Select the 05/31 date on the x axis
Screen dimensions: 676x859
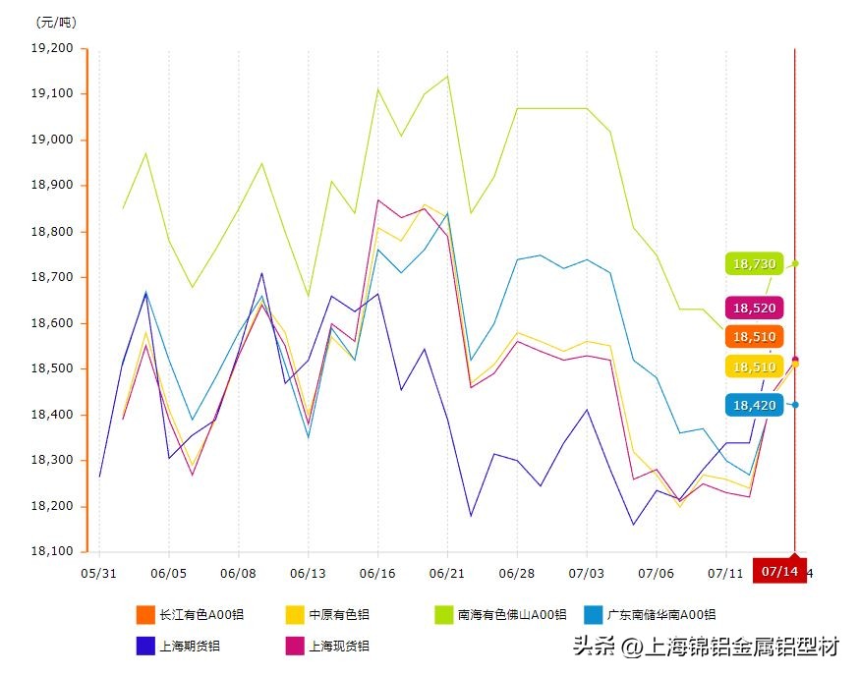98,572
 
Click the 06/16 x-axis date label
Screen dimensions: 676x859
377,572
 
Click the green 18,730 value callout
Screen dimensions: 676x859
754,263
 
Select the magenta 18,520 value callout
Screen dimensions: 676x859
754,308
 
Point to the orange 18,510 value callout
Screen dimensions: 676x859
754,337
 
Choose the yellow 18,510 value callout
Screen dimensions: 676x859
754,366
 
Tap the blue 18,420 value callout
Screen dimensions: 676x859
754,404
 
